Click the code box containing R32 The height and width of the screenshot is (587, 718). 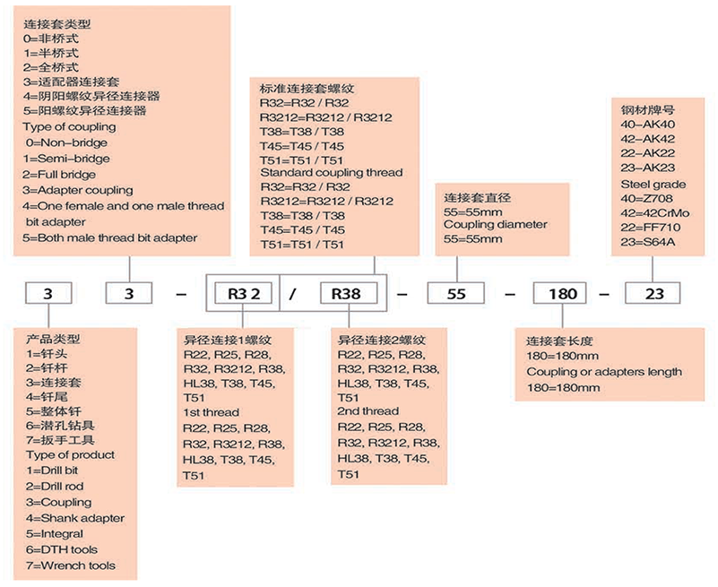(242, 293)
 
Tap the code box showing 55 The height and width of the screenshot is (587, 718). (456, 293)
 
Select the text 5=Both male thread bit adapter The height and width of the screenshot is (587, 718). (110, 237)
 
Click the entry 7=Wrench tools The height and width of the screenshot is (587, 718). (70, 565)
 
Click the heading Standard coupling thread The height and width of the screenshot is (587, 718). (331, 172)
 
